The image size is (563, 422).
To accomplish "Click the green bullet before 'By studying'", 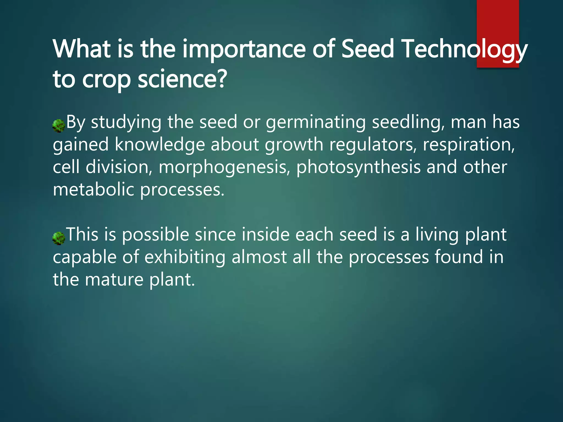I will click(59, 126).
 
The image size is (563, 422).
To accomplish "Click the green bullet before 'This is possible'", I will click(59, 238).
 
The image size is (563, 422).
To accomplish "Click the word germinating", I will click(316, 123).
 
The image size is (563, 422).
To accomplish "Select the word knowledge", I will click(160, 145).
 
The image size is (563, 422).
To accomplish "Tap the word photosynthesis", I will click(358, 167).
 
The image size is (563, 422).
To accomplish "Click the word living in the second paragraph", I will click(437, 235).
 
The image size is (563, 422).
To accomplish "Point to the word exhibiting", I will click(185, 258).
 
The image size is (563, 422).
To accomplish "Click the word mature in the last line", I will click(114, 280).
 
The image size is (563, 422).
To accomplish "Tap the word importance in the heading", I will click(244, 49).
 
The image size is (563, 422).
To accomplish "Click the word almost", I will click(259, 257).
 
